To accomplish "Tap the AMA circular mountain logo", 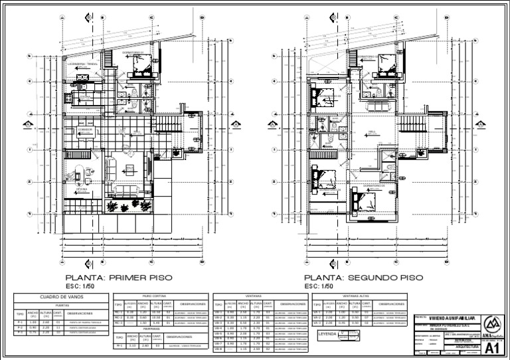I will (x=492, y=323).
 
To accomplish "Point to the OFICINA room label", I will (x=82, y=189).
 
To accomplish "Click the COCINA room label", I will (x=84, y=97).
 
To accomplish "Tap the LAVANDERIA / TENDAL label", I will (x=82, y=64).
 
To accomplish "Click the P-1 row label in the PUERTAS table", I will (x=20, y=321).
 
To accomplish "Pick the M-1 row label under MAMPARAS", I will (x=119, y=346).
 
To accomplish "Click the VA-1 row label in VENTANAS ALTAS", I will (x=317, y=312).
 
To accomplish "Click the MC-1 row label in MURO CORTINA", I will (x=119, y=312).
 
